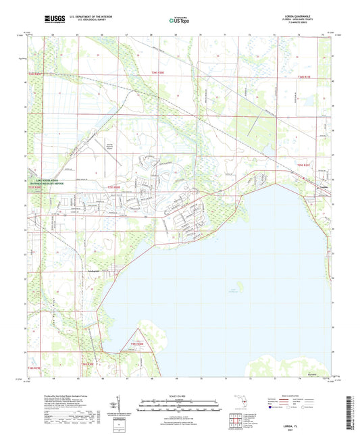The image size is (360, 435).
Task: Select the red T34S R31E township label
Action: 305,78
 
